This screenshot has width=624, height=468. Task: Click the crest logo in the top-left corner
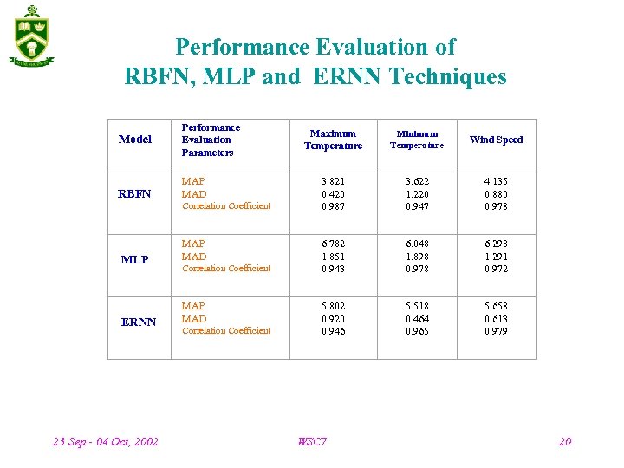pos(32,36)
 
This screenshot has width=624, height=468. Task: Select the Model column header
pos(134,140)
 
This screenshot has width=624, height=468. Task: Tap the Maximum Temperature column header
pos(333,140)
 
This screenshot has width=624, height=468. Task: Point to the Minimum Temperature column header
pos(417,140)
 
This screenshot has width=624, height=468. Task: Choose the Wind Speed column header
pos(496,140)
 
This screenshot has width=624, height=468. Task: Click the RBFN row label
pos(134,194)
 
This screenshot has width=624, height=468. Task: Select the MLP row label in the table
pos(134,260)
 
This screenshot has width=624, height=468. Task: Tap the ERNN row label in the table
pos(139,322)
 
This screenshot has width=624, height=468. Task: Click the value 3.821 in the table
pos(333,182)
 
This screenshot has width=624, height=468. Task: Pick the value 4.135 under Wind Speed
pos(496,182)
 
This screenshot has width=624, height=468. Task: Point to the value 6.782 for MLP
pos(333,244)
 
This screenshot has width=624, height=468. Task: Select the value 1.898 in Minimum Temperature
pos(417,257)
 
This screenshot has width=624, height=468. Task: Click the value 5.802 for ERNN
pos(333,307)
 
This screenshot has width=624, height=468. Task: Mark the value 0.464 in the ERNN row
pos(417,319)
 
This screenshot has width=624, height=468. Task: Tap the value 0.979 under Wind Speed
pos(496,331)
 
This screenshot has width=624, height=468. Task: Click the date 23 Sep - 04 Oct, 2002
pos(106,442)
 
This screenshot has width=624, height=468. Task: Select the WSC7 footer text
pos(312,442)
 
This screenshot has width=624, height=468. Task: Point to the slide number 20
pos(565,442)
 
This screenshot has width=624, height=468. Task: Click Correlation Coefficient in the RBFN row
pos(226,206)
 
